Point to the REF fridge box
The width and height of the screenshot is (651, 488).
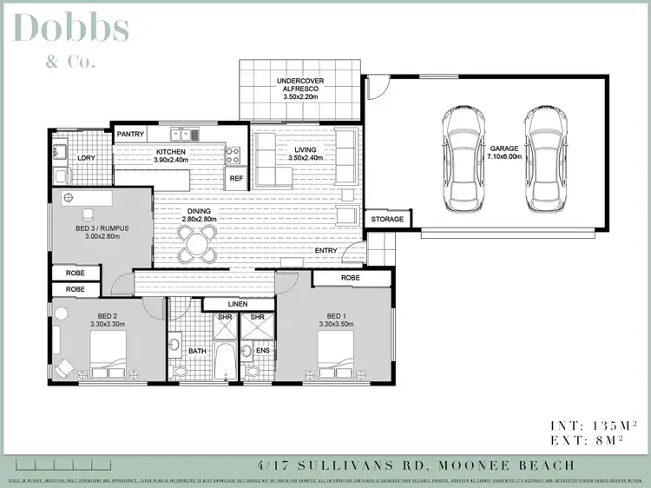(x=236, y=179)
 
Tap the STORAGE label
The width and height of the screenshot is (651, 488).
(x=387, y=220)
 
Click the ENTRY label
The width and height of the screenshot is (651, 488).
(x=326, y=251)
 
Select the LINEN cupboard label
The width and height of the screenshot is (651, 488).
(x=238, y=305)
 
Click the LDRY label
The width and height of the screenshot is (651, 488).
(x=86, y=158)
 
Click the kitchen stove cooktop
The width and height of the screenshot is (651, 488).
(x=233, y=155)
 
